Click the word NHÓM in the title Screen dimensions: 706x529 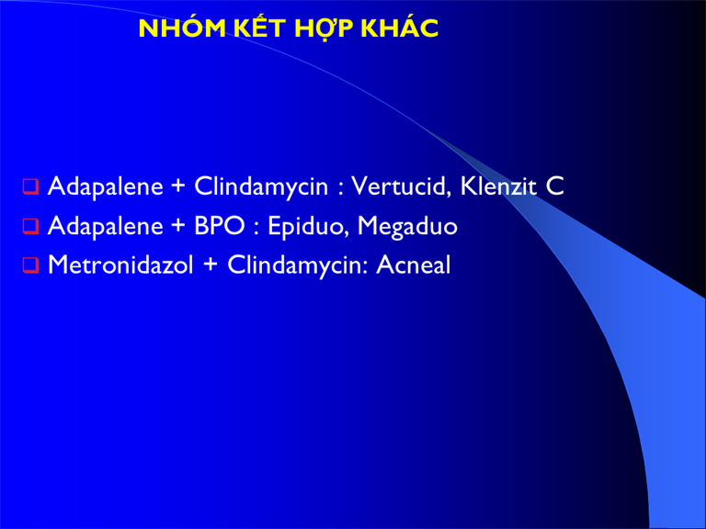click(x=182, y=28)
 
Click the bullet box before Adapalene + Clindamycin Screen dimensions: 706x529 click(x=30, y=186)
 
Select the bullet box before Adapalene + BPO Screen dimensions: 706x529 click(x=30, y=226)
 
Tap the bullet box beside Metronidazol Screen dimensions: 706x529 click(x=30, y=264)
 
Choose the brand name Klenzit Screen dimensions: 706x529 click(x=498, y=186)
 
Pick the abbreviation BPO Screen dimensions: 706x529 click(x=220, y=225)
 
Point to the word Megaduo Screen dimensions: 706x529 click(x=407, y=226)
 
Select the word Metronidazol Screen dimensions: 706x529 click(x=120, y=264)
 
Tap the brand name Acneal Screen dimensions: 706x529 click(x=414, y=264)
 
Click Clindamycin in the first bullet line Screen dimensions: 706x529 click(x=261, y=186)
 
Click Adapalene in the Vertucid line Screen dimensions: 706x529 click(x=105, y=186)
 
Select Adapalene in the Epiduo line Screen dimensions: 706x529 click(x=105, y=225)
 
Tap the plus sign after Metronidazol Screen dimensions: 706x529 click(x=211, y=265)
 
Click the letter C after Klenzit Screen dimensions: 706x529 click(x=554, y=186)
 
